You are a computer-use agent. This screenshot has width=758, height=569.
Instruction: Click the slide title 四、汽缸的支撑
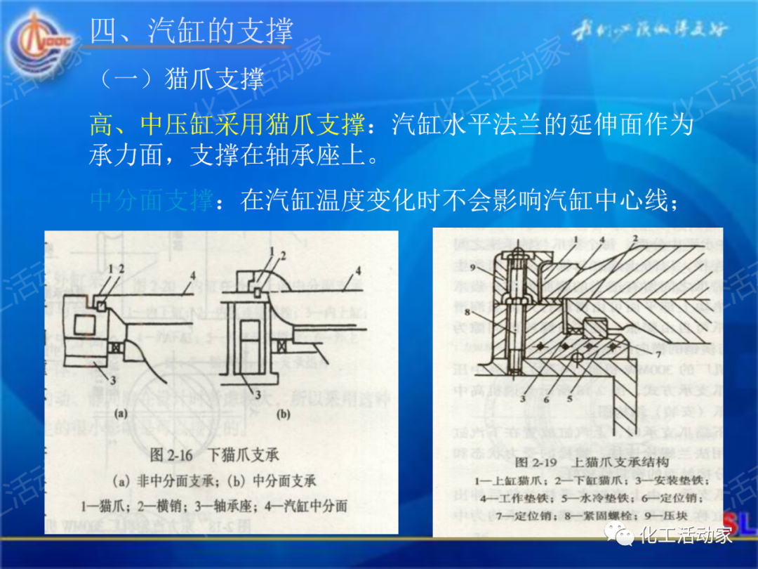[192, 32]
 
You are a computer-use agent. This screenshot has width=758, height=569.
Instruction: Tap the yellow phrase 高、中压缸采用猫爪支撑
[227, 125]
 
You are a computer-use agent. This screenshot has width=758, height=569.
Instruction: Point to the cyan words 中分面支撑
[152, 201]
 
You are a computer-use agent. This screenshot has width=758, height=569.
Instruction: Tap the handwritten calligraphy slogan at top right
[650, 31]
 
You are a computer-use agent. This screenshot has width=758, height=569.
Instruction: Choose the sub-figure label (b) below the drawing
[283, 414]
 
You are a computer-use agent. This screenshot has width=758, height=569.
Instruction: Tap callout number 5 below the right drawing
[571, 398]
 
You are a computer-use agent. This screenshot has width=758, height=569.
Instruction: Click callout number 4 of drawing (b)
[358, 270]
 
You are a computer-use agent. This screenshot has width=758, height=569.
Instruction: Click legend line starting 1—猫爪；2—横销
[215, 505]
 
